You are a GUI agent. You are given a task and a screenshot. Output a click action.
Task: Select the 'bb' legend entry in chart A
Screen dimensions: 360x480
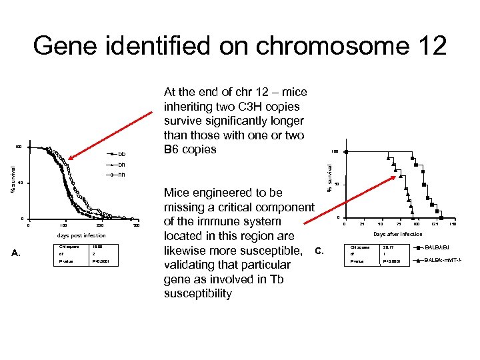121,153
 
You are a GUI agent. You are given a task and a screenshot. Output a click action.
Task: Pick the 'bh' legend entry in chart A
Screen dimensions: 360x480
121,164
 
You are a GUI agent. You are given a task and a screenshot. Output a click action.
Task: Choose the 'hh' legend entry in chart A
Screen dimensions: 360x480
121,175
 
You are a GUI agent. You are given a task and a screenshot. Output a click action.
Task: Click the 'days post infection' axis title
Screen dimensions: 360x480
83,235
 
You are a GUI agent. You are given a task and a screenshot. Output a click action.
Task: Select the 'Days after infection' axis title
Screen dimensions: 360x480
397,234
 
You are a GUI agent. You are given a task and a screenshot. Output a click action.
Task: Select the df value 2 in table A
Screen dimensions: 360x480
94,253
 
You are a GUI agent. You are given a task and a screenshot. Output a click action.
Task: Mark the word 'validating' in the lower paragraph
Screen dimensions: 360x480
191,265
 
